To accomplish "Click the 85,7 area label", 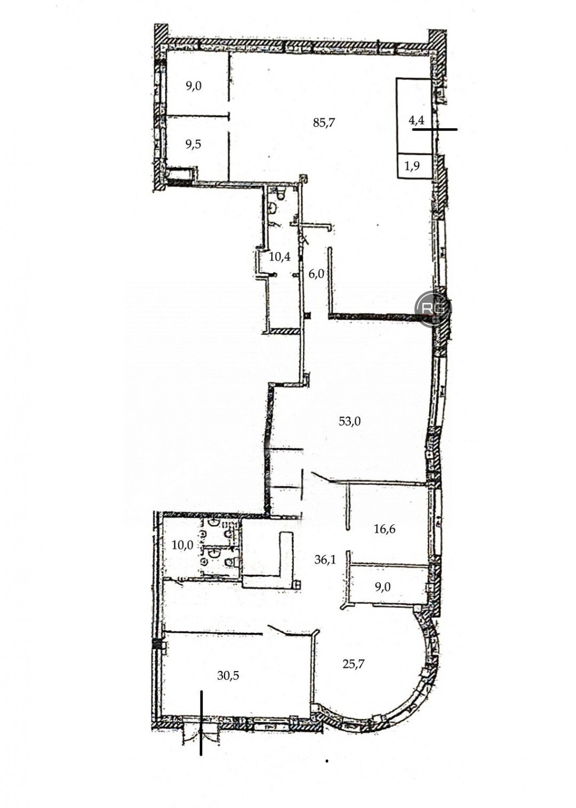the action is coord(324,123).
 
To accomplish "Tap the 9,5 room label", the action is coord(193,144).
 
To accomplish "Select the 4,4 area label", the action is coord(417,120).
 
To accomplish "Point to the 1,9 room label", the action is coord(412,166).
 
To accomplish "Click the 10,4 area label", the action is coord(280,257).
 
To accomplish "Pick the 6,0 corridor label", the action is coord(316,274).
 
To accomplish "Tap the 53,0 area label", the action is coord(349,421).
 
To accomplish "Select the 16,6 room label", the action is coord(385,529).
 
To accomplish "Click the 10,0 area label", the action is coord(182,545).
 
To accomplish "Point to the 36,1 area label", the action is coord(325,559).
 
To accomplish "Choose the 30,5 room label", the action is coord(228,675).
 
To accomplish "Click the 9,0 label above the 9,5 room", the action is coord(193,86).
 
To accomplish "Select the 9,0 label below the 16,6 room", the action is coord(382,587).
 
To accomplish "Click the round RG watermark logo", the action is coord(433,309).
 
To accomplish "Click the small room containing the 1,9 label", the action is coord(414,166).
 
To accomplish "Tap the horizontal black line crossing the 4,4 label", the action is coord(435,129).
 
